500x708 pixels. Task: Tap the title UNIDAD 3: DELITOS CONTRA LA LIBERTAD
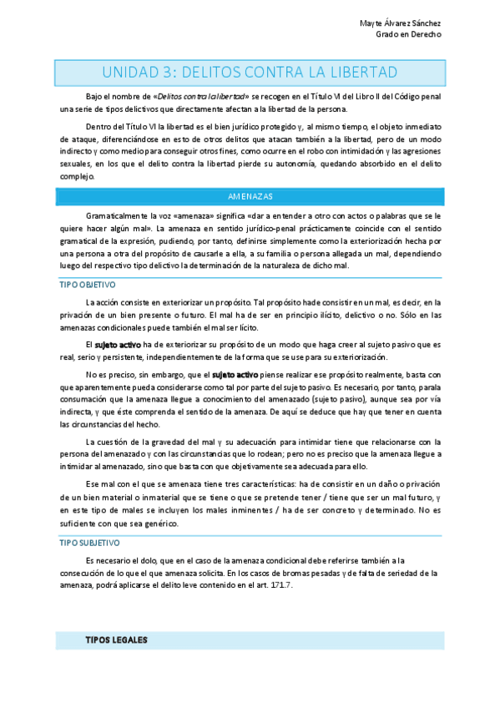(250, 72)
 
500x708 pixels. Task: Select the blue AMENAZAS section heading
(250, 196)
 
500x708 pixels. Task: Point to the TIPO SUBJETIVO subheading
(88, 543)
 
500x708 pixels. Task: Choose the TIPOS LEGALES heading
(116, 640)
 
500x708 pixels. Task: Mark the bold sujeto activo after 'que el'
(236, 377)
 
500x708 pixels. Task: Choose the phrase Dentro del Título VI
(117, 127)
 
